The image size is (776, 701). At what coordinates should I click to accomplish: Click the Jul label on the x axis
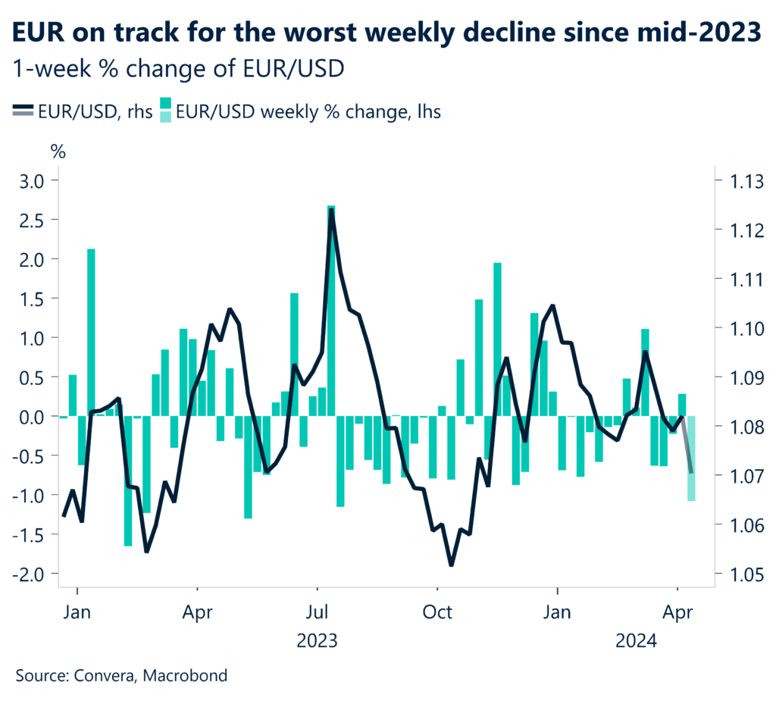coord(317,610)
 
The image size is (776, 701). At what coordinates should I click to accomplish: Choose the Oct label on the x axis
coord(436,610)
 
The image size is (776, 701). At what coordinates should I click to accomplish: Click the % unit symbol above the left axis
coord(58,150)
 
